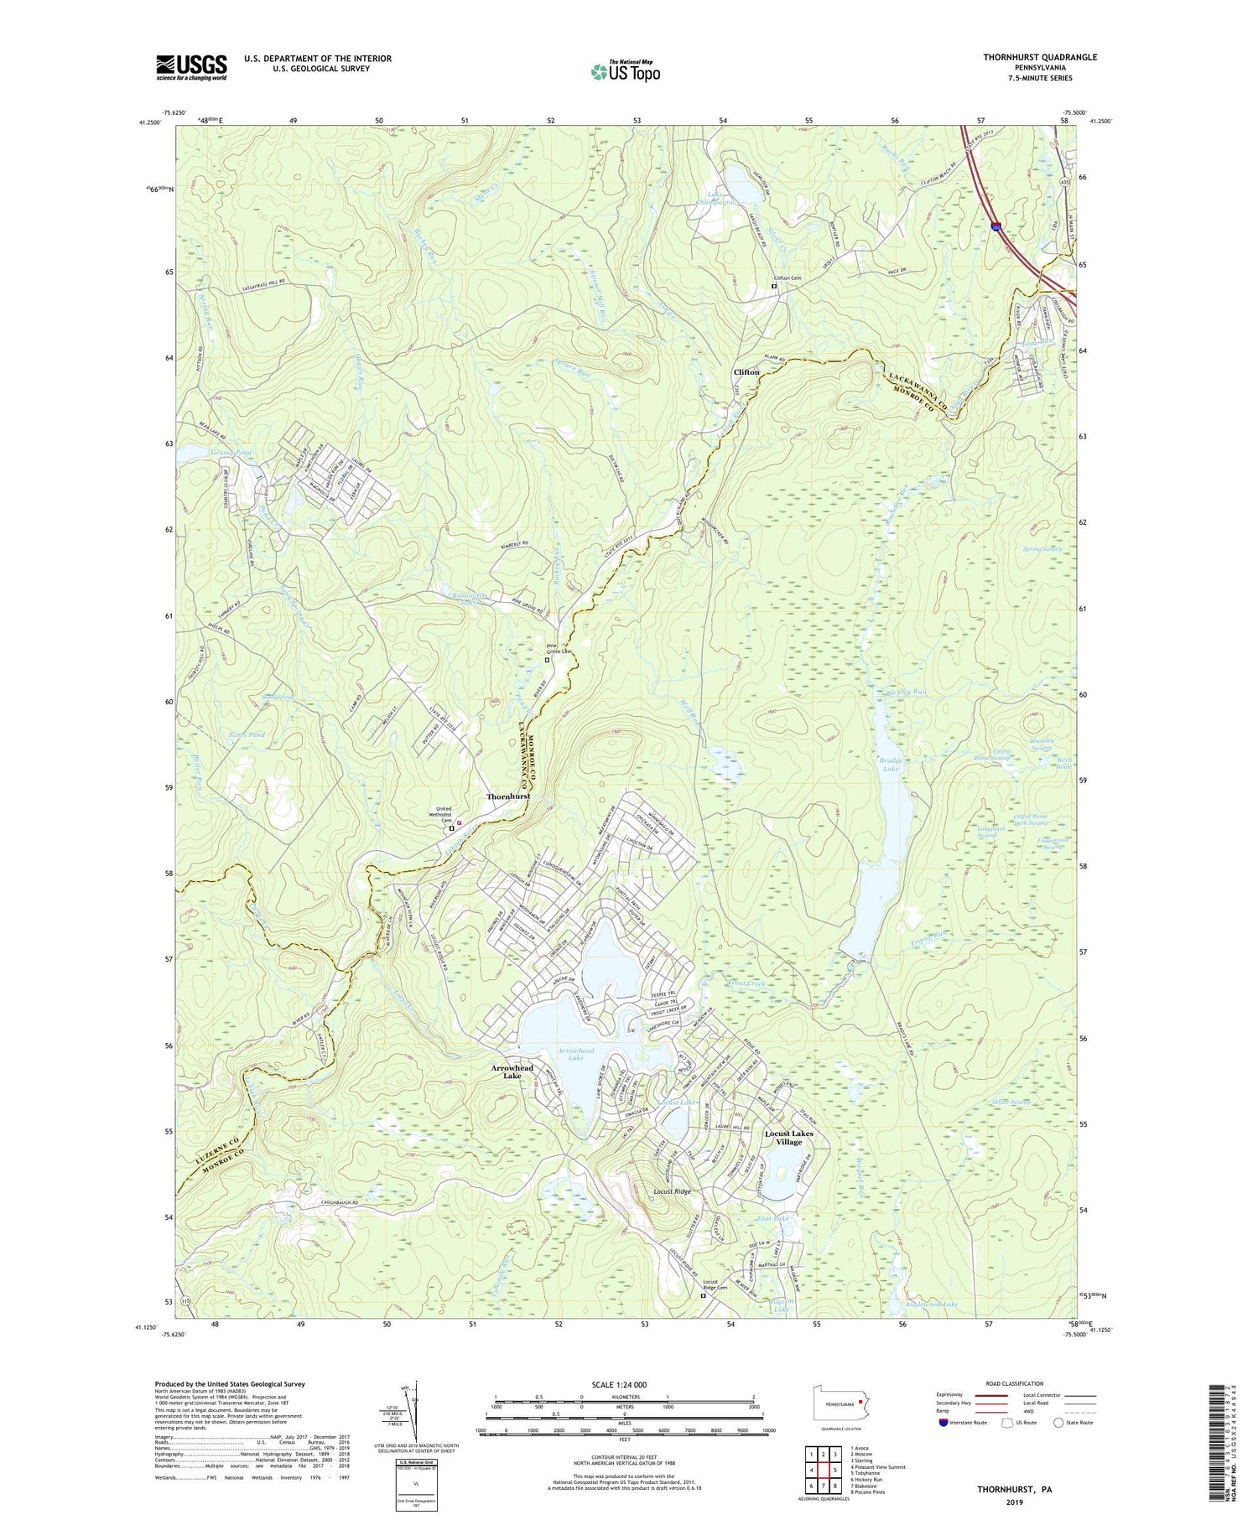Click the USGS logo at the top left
point(191,66)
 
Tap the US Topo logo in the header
point(625,71)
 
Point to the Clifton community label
point(746,371)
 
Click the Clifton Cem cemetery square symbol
point(774,287)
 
